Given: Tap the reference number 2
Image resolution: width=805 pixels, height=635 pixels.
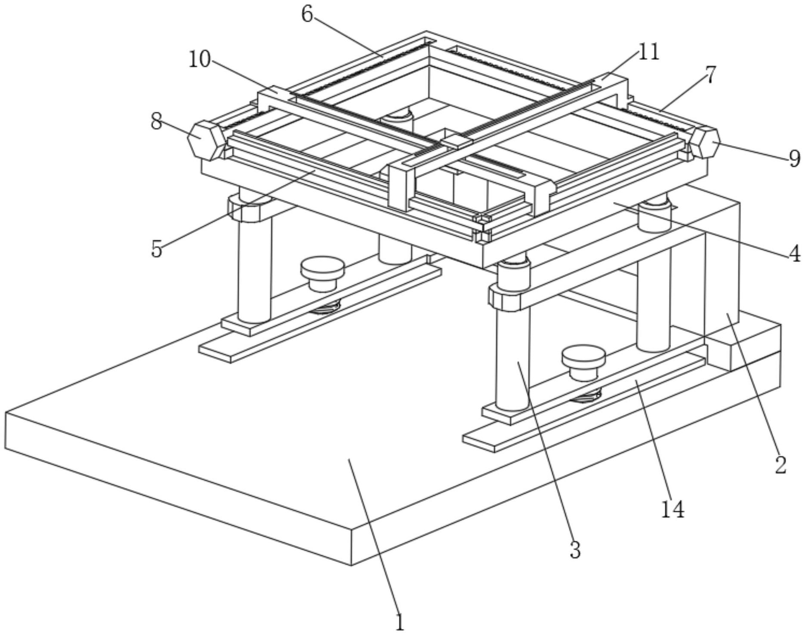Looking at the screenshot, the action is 780,464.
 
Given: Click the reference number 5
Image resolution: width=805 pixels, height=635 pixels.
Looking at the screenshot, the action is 157,248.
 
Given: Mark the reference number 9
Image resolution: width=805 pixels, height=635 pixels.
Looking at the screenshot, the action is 794,158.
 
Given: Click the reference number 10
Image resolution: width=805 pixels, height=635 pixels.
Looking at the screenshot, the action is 200,59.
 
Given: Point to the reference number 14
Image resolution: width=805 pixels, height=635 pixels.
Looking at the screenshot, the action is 672,510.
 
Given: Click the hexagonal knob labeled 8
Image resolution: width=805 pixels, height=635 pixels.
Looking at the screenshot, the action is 207,140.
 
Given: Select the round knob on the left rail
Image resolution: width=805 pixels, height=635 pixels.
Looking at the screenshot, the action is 323,273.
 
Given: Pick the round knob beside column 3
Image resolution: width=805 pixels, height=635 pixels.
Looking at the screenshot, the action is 583,363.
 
